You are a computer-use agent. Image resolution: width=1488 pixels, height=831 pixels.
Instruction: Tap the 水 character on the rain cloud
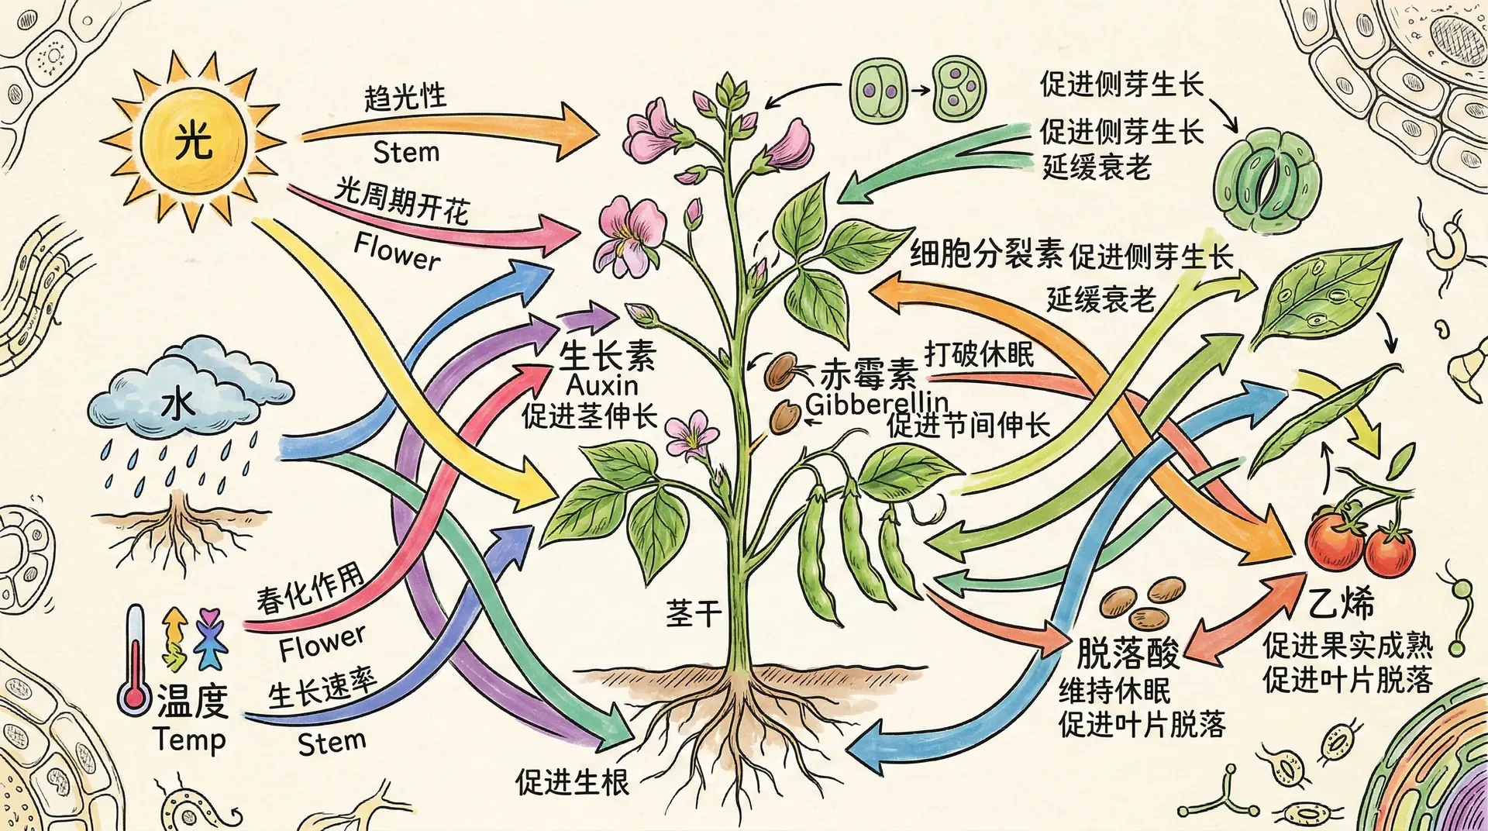(179, 404)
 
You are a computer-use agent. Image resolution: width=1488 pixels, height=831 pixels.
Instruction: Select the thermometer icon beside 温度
(136, 660)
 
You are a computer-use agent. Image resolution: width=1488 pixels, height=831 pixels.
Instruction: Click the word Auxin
(602, 385)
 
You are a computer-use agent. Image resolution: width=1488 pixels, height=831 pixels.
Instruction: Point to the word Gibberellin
(877, 403)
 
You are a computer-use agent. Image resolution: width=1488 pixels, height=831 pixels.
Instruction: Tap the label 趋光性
(405, 98)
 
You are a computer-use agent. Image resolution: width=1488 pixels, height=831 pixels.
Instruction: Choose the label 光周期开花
(402, 200)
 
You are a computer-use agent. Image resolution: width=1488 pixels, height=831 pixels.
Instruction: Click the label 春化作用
(310, 589)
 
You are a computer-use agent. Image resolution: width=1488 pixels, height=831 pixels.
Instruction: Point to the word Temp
(189, 740)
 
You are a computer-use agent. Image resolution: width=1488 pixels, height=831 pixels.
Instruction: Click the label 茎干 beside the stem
(693, 614)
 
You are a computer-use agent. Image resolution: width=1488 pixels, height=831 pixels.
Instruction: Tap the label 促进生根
(572, 782)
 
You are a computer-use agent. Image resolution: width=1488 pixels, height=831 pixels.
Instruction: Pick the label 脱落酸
(1128, 653)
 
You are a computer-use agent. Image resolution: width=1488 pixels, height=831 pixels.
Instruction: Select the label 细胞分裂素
(986, 253)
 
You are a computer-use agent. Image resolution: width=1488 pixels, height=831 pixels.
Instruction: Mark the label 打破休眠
(979, 354)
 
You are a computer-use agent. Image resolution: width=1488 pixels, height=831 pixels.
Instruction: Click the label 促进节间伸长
(969, 425)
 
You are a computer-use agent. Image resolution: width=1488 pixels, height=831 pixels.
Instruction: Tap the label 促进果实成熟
(1348, 644)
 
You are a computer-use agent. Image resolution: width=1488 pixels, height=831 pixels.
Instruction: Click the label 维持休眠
(1114, 690)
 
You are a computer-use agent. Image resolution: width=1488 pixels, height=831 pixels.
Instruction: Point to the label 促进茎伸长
(589, 416)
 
